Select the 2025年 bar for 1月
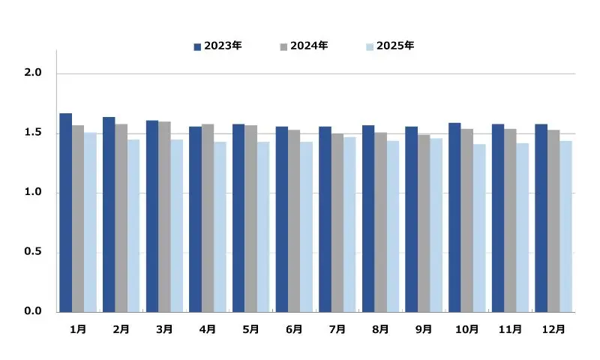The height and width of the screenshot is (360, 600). pos(90,222)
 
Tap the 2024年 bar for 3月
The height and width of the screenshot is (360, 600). pos(165,217)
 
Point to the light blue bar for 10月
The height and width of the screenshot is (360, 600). pos(479,228)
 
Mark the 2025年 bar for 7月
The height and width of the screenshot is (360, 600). pos(349,224)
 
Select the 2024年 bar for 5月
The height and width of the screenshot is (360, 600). pos(251,218)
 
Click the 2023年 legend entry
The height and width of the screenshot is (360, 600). pos(217,46)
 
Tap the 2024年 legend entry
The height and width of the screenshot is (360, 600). pos(304,46)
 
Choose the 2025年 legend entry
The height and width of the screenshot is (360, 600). pos(390,46)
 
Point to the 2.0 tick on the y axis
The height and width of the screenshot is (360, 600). pos(34,73)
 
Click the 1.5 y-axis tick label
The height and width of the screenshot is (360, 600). pos(34,133)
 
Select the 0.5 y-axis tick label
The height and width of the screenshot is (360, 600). pos(34,252)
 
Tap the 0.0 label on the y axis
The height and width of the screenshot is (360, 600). pos(34,311)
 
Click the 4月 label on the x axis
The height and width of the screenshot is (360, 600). pos(208,329)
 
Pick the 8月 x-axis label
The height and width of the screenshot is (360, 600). pos(380,329)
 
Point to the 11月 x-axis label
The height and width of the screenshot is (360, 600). pos(510,329)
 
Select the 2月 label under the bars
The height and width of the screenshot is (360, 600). pos(121,329)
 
